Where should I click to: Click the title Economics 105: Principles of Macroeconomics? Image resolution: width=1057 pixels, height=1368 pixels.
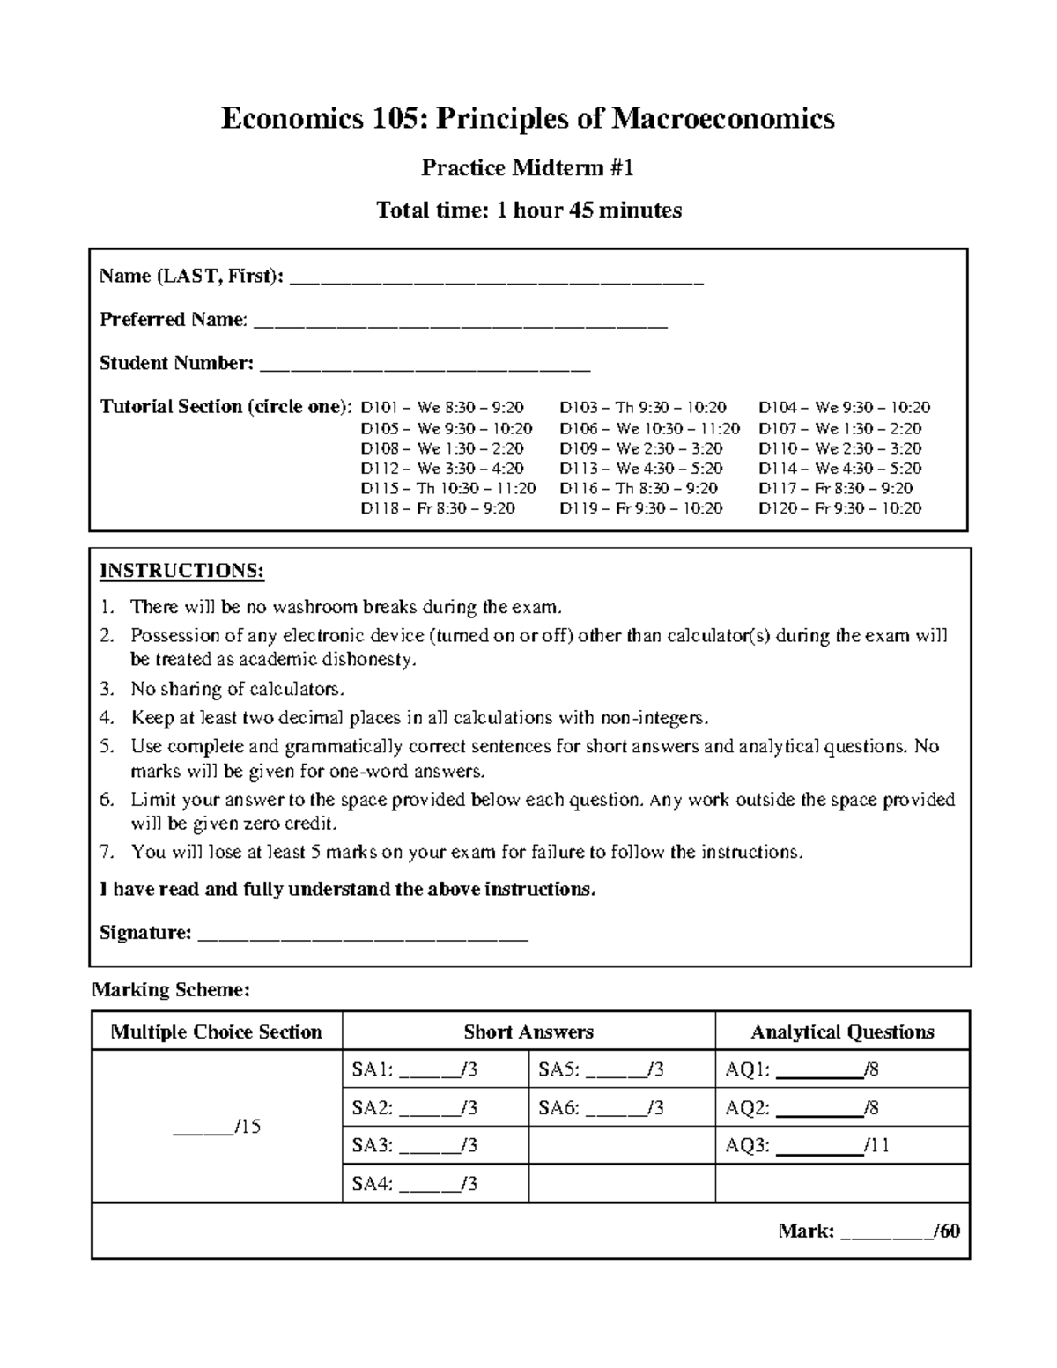[x=528, y=118]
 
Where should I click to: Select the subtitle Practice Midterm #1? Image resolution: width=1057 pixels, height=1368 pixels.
[x=528, y=167]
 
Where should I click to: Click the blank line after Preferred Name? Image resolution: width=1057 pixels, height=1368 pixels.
[x=461, y=323]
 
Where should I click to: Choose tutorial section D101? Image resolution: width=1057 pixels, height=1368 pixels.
[x=442, y=407]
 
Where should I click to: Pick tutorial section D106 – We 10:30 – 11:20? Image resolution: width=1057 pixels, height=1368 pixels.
[x=649, y=428]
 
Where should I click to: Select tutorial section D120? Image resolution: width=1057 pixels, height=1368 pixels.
[x=839, y=508]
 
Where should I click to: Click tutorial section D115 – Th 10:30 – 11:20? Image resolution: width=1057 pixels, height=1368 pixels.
[x=447, y=488]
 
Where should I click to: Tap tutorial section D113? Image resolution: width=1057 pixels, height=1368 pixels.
[x=640, y=469]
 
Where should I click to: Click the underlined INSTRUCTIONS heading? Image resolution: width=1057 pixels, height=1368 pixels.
[x=181, y=571]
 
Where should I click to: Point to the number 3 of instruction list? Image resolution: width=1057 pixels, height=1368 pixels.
[x=107, y=688]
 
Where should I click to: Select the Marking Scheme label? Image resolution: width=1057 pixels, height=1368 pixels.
[x=172, y=990]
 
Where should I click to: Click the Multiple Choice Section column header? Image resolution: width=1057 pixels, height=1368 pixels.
[x=217, y=1032]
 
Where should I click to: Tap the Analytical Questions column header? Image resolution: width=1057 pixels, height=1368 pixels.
[x=842, y=1032]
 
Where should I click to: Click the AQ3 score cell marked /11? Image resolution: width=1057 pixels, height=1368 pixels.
[x=819, y=1146]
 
